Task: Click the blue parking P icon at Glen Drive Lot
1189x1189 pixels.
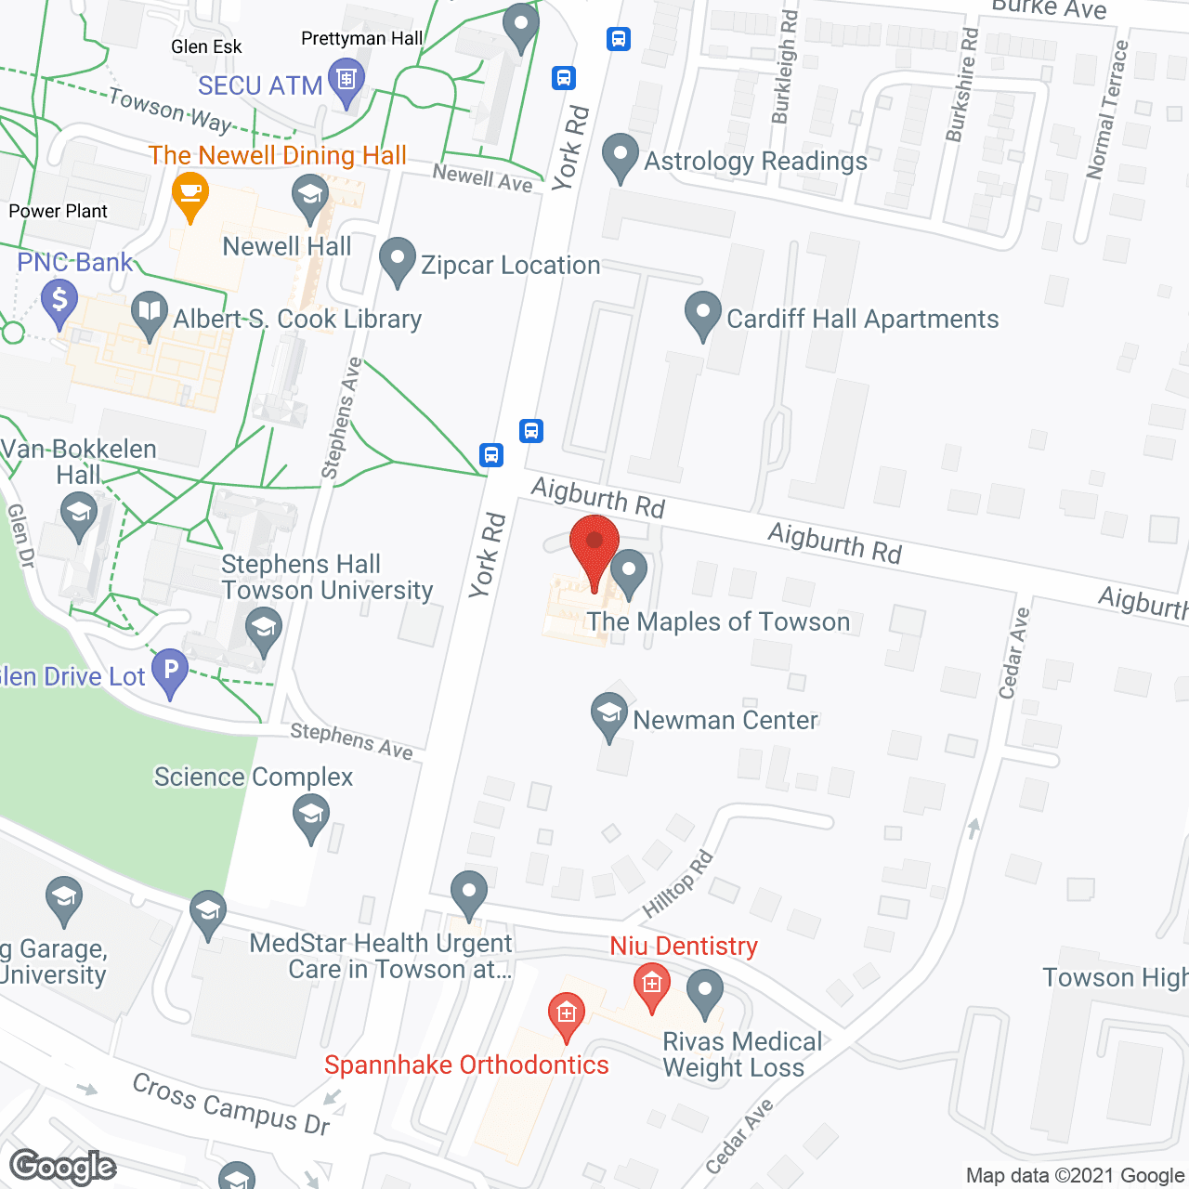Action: click(x=170, y=672)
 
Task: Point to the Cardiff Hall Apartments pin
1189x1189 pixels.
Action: click(x=703, y=315)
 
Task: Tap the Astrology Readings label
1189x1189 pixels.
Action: click(x=755, y=161)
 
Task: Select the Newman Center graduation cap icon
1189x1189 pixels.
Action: click(x=609, y=716)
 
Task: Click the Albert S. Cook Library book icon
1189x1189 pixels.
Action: click(x=150, y=315)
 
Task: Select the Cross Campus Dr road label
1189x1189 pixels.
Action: click(x=231, y=1104)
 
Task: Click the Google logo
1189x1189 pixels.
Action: click(x=63, y=1167)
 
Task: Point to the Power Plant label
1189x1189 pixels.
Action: click(x=58, y=211)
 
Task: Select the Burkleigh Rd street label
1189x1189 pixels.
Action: click(x=785, y=67)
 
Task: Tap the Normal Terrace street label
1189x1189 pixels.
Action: click(x=1108, y=110)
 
